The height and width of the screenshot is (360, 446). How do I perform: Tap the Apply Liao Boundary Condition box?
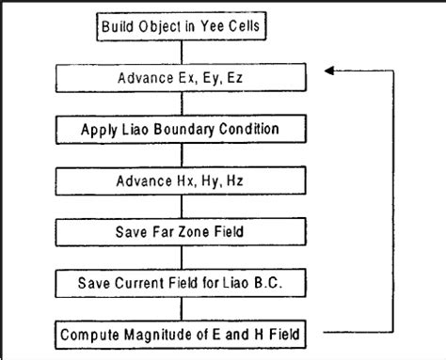[185, 126]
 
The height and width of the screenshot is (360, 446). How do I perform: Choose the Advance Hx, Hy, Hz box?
[185, 177]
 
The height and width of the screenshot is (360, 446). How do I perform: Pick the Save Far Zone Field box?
[185, 228]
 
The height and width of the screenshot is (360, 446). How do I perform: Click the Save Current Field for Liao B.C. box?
[185, 280]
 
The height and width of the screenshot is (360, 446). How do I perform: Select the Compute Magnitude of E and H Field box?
[185, 332]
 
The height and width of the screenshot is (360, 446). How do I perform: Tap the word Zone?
[194, 228]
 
